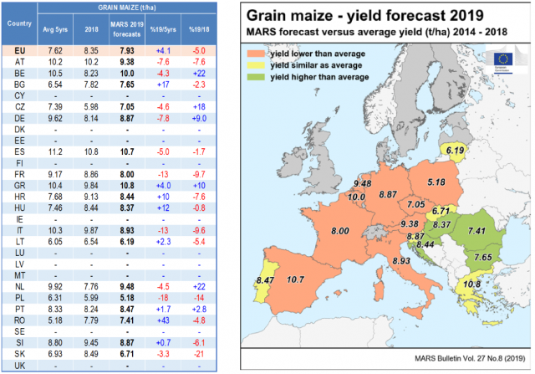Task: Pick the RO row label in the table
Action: tap(18, 319)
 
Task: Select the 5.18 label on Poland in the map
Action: tap(434, 182)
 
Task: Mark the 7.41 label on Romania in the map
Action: tap(477, 230)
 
